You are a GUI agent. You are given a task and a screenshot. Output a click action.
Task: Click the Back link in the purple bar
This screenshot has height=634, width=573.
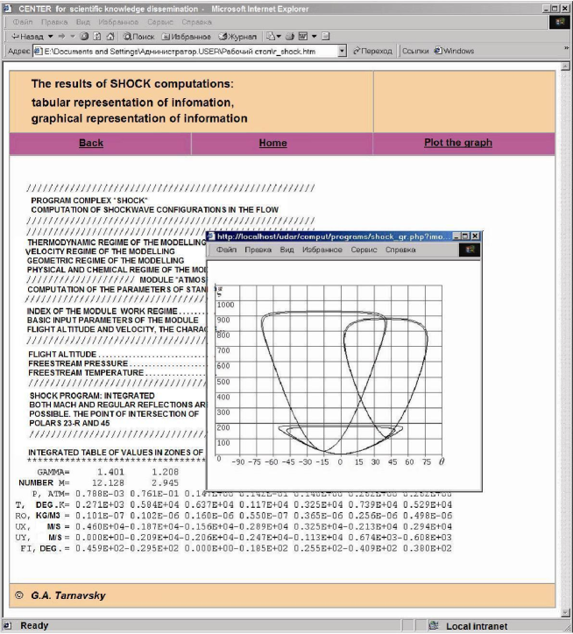click(91, 143)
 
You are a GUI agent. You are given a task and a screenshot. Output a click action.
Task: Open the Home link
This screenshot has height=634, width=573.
click(272, 143)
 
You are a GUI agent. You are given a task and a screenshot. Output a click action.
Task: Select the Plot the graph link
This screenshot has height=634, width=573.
click(457, 143)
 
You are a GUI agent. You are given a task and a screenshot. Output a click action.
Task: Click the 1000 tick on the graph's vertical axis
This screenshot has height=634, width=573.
click(226, 304)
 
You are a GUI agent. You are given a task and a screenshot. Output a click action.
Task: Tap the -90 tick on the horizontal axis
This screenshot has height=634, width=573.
click(237, 461)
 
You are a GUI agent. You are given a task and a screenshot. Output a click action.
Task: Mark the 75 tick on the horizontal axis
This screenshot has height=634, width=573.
click(426, 461)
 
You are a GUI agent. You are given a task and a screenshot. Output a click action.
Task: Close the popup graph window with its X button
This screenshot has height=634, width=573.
click(476, 236)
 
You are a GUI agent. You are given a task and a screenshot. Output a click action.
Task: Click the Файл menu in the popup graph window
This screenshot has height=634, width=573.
click(227, 250)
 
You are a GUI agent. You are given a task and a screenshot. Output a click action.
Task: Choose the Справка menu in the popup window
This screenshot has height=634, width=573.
click(400, 250)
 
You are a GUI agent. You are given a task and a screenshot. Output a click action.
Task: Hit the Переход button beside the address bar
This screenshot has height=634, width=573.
click(372, 51)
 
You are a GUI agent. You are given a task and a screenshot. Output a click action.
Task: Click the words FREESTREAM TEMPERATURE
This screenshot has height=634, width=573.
click(85, 372)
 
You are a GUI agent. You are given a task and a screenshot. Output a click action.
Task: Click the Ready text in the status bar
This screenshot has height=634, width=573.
click(34, 625)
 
